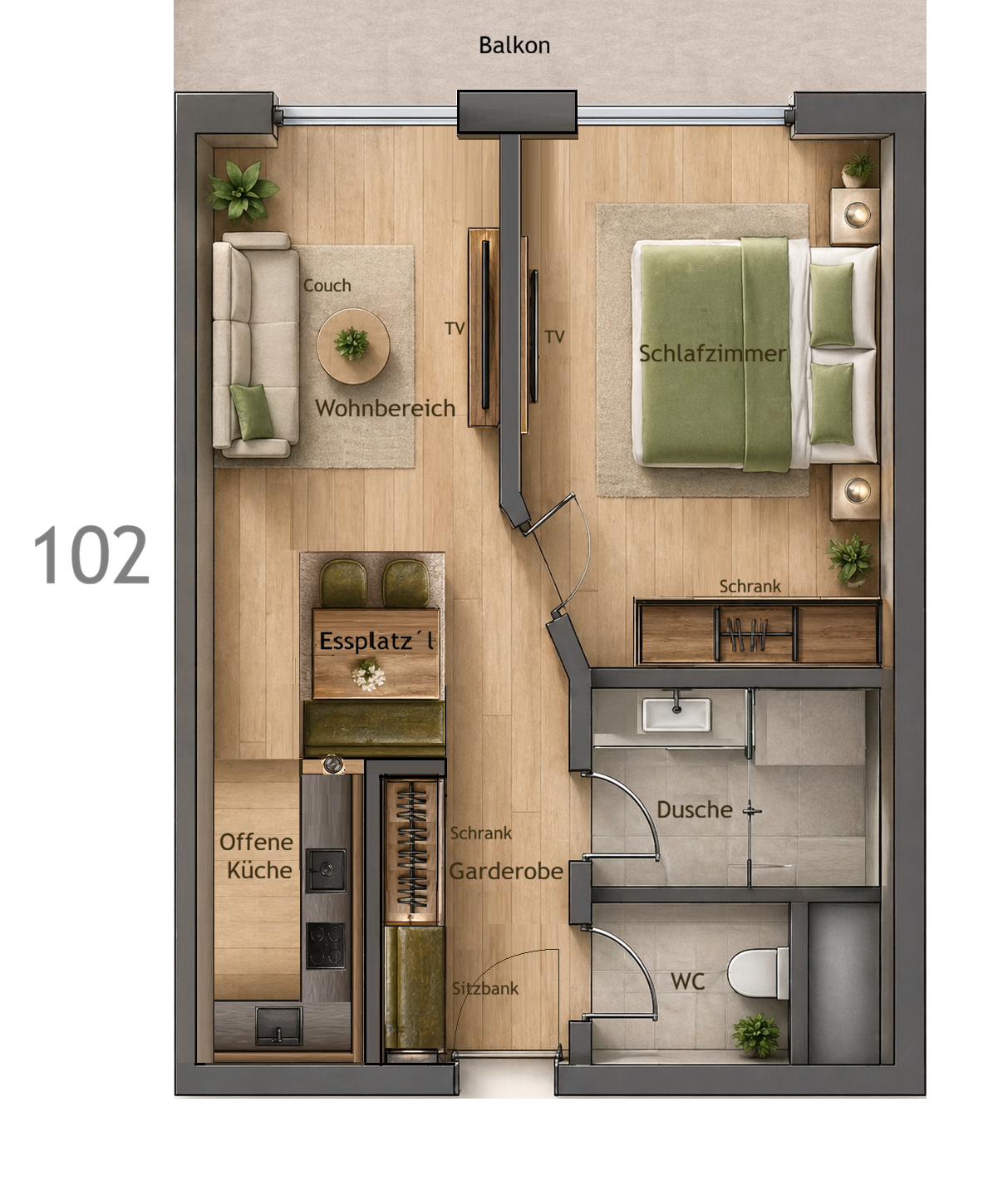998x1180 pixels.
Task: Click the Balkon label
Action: pos(514,46)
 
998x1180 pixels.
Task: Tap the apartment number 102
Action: pos(91,555)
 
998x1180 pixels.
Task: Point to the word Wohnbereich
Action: pos(386,408)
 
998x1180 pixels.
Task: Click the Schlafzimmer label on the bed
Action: pos(712,353)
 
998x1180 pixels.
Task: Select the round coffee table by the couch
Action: pos(353,346)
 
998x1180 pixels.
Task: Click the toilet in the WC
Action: pos(758,973)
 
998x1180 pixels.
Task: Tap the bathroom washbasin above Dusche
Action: pos(676,714)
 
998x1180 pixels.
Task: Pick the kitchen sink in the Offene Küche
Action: pos(278,1025)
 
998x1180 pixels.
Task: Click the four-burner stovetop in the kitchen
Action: pos(326,946)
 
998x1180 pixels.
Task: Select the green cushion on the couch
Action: pos(252,411)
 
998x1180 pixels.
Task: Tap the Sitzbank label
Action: pos(485,988)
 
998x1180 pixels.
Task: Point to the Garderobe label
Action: pos(506,871)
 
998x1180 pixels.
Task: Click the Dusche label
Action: pos(694,809)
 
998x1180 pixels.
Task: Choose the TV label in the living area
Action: pos(455,329)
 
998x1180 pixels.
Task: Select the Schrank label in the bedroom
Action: pos(750,587)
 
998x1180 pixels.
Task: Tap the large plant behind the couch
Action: pos(243,191)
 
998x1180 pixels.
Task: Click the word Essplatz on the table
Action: pos(366,641)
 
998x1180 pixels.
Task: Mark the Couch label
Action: pos(327,285)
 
